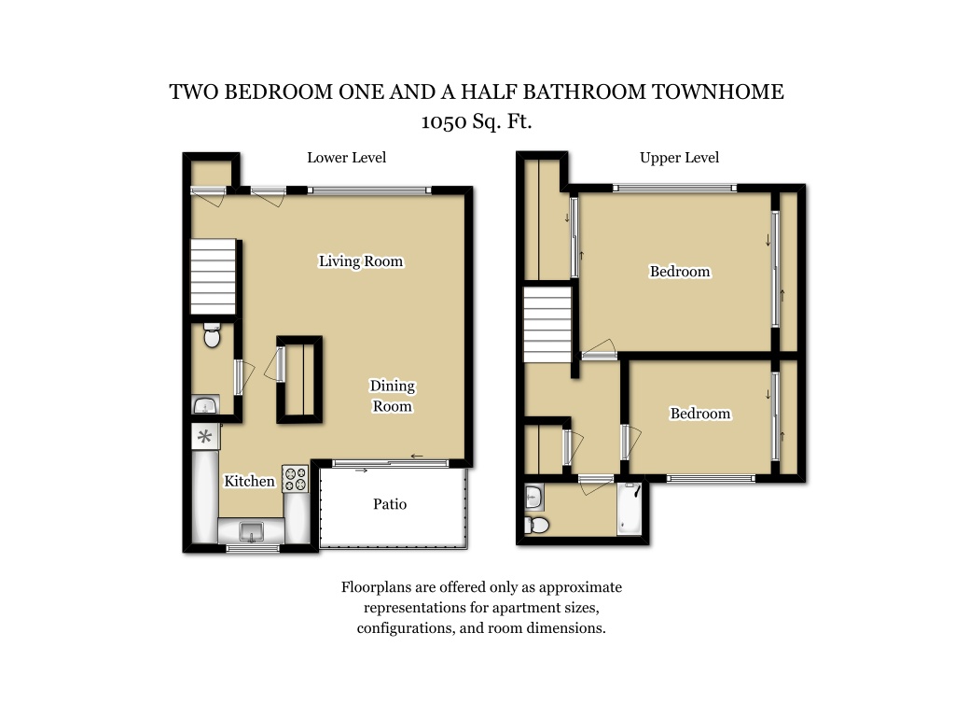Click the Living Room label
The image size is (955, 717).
[x=361, y=261]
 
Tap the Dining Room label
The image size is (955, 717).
[x=393, y=396]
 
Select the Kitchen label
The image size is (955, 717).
[x=249, y=481]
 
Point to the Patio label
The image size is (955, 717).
[x=390, y=503]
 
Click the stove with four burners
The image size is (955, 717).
[x=296, y=479]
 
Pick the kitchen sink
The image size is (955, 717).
[x=251, y=531]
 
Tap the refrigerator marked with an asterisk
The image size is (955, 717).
[x=205, y=437]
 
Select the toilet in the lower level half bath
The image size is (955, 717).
[x=212, y=335]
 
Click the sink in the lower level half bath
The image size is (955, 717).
[x=205, y=405]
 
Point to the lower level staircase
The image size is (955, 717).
[x=214, y=276]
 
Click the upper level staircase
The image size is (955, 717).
[x=547, y=325]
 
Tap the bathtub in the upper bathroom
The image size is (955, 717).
[x=630, y=509]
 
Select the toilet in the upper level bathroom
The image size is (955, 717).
[x=536, y=525]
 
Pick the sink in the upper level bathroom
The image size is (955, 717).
[x=533, y=498]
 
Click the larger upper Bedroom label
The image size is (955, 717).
[x=680, y=272]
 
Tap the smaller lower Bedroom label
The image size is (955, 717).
[x=699, y=414]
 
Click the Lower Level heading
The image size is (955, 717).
[x=347, y=157]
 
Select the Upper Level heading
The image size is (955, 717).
[x=679, y=157]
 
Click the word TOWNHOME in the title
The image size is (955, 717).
[x=718, y=91]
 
